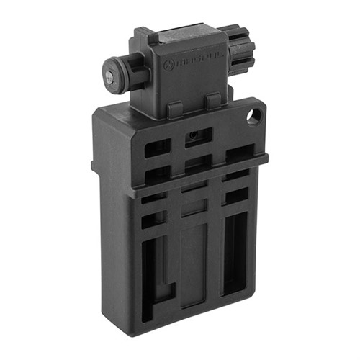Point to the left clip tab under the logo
click(x=174, y=109)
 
